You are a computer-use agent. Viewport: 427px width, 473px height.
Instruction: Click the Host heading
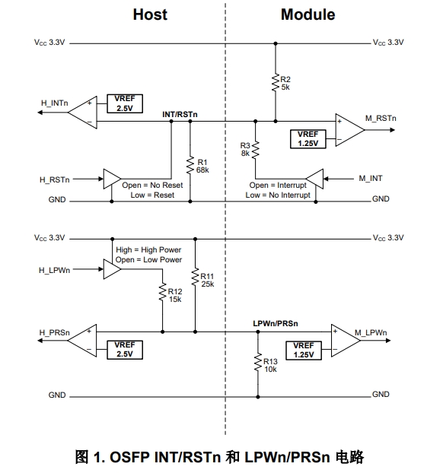pyautogui.click(x=150, y=14)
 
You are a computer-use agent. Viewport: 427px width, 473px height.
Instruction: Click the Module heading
pyautogui.click(x=308, y=14)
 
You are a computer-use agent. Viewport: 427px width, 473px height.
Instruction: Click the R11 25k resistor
pyautogui.click(x=196, y=279)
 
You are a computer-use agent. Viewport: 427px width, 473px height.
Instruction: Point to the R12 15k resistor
pyautogui.click(x=162, y=294)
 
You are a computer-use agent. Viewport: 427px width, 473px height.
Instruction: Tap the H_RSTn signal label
pyautogui.click(x=54, y=180)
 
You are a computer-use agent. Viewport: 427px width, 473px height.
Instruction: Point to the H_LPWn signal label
pyautogui.click(x=54, y=269)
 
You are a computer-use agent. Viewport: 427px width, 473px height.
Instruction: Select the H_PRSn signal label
pyautogui.click(x=54, y=333)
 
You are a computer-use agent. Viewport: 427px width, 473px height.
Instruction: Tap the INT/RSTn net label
pyautogui.click(x=180, y=114)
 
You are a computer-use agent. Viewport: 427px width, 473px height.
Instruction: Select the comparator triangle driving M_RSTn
pyautogui.click(x=349, y=129)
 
